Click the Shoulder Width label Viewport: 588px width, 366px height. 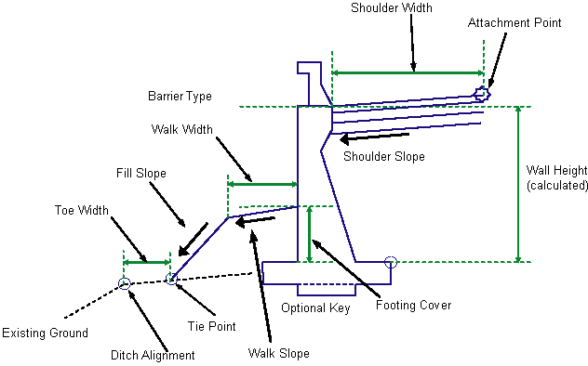[x=392, y=7]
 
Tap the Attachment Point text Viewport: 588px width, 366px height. [x=514, y=22]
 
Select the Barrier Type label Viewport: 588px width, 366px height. [x=180, y=97]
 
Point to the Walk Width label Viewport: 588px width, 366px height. [x=181, y=129]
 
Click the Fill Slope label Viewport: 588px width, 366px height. [x=141, y=174]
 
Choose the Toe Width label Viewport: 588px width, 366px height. [x=81, y=210]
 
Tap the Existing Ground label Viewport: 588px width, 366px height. [x=45, y=333]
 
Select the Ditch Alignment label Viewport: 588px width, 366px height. [x=153, y=355]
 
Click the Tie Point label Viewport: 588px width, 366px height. [x=211, y=326]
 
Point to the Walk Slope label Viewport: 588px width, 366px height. [x=278, y=353]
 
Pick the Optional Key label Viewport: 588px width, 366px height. [x=315, y=308]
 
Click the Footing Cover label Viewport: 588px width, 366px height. [x=414, y=306]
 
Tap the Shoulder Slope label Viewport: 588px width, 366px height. [x=384, y=156]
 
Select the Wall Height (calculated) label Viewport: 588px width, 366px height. [x=557, y=177]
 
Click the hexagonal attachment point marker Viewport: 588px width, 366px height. [x=482, y=94]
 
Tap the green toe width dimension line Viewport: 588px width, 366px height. [x=147, y=262]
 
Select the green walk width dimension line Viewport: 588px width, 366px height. [x=262, y=184]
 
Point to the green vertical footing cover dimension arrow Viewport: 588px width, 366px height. [x=310, y=234]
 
